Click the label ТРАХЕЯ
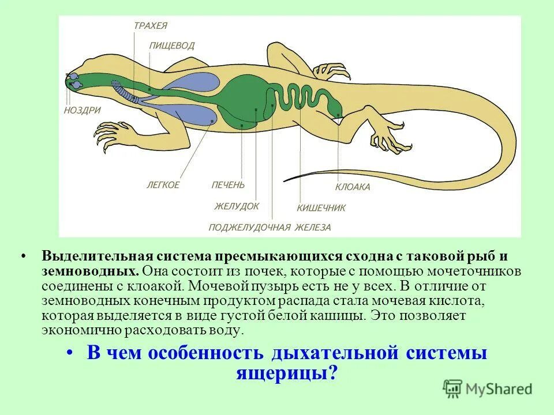click(150, 26)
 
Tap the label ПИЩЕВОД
click(171, 46)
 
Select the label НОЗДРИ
click(83, 110)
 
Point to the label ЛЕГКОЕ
click(163, 185)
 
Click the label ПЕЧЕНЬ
click(228, 185)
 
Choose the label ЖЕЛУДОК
click(237, 206)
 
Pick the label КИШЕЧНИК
click(321, 208)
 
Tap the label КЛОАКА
click(353, 187)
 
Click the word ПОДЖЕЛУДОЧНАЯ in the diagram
click(249, 227)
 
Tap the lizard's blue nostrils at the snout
click(74, 81)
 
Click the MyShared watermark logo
click(488, 388)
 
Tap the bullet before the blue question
click(70, 353)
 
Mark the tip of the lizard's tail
click(285, 180)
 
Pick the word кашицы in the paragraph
click(335, 316)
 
